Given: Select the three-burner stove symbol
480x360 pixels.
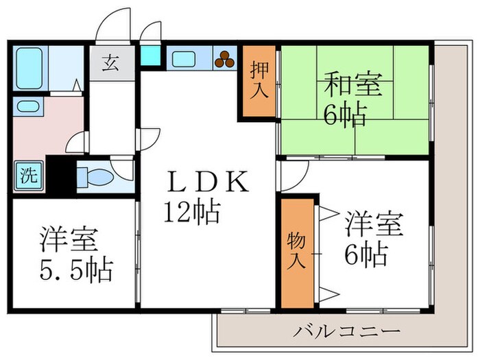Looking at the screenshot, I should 223,60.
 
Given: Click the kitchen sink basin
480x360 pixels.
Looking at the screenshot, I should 183,59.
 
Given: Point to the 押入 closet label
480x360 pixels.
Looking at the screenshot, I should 259,81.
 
